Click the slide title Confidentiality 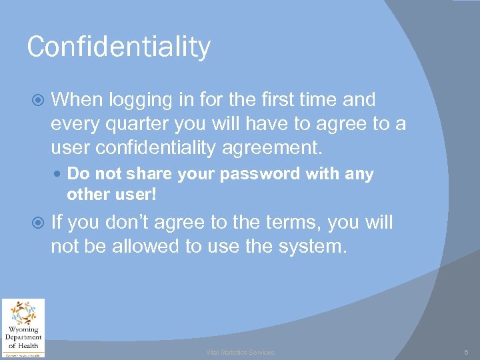tap(119, 47)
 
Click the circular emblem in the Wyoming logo tap(23, 313)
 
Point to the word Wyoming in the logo tap(23, 329)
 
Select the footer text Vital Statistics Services tap(240, 352)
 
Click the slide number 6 tap(467, 352)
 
